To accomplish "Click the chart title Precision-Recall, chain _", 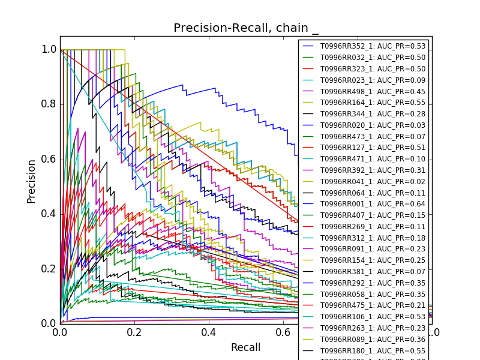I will click(246, 28).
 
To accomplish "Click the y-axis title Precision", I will click(31, 181).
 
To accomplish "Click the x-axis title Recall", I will click(245, 348).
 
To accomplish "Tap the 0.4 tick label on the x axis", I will click(209, 332).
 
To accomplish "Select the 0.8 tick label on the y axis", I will click(49, 104).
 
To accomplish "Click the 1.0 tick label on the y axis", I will click(49, 50).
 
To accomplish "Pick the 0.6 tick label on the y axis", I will click(49, 159).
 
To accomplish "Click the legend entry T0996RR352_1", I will click(373, 46).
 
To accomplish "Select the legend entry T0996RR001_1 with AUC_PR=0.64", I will click(373, 204).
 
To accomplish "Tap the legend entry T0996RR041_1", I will click(373, 181).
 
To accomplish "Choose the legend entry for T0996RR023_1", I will click(373, 80).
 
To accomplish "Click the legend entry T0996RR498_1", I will click(373, 91).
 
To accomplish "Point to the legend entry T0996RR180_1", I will click(373, 350).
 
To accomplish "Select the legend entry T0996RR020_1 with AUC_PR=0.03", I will click(373, 125).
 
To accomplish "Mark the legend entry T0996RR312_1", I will click(373, 238).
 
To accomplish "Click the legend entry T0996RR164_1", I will click(373, 103).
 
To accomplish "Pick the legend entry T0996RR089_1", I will click(373, 339).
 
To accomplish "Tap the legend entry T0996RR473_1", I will click(373, 136).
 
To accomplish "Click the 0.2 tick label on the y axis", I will click(49, 269).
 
